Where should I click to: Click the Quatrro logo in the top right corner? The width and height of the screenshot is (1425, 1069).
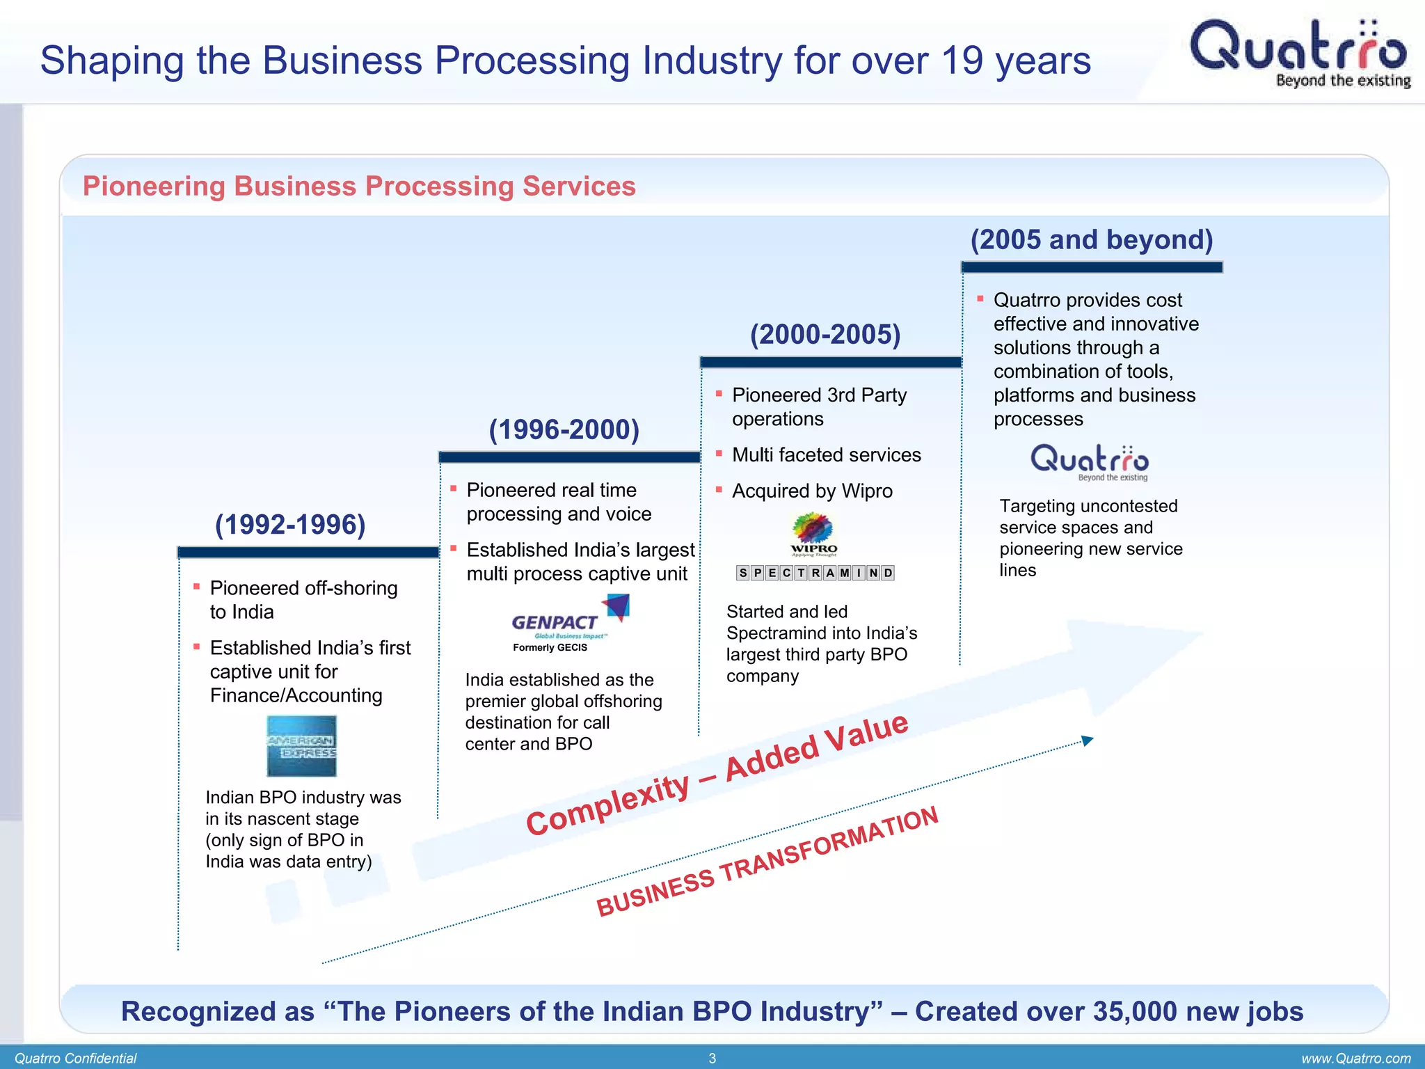click(1298, 53)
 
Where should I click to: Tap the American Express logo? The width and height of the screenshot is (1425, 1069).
click(301, 746)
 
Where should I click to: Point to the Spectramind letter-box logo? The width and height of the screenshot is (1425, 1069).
click(815, 573)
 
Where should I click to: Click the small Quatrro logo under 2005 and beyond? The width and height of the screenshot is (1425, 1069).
click(1089, 462)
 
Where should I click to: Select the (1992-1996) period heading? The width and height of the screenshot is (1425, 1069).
click(290, 525)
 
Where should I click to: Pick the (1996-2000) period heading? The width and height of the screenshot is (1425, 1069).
click(564, 429)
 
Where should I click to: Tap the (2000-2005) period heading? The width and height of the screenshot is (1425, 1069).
click(825, 335)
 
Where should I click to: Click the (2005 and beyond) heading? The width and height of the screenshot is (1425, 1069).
click(1091, 240)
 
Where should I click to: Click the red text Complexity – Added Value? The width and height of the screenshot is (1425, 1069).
click(717, 775)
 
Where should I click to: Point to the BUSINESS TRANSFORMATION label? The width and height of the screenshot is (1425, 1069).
click(767, 861)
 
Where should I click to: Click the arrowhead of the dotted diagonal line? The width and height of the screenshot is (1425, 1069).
click(1088, 741)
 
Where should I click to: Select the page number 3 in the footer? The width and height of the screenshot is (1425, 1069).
click(712, 1059)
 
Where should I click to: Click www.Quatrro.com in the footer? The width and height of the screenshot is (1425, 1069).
click(1355, 1059)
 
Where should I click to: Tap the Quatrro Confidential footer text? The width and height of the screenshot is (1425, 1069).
click(75, 1059)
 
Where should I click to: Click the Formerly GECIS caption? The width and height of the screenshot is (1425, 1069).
click(550, 647)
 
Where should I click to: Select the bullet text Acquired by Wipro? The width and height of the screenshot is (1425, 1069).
click(811, 491)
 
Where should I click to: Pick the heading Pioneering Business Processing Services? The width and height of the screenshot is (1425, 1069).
click(359, 187)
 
